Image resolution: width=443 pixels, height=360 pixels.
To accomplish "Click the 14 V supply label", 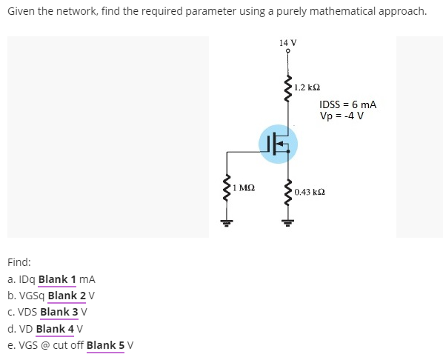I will click(288, 42).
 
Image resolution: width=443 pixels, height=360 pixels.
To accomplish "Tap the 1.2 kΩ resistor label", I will click(307, 87).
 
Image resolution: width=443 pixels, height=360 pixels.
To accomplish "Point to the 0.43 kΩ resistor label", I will click(310, 192).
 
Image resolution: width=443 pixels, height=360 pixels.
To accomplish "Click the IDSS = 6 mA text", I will click(347, 105).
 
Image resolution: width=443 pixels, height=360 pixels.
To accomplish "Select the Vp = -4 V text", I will click(342, 116).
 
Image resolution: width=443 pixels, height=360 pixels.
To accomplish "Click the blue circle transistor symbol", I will click(279, 142).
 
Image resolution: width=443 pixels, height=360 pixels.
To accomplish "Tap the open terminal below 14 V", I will click(288, 51).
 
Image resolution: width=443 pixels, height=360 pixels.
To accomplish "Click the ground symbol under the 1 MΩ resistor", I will click(227, 220).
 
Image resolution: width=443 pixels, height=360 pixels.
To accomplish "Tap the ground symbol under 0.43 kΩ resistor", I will click(288, 220).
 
